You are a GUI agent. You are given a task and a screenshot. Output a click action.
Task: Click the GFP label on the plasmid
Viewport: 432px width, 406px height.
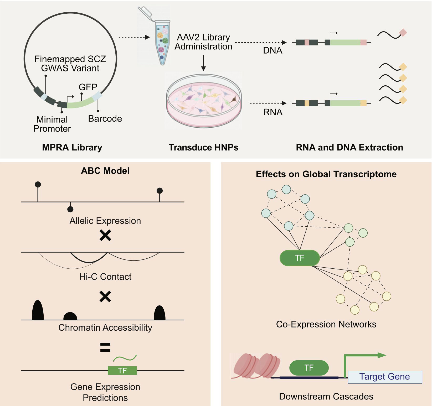(x=88, y=87)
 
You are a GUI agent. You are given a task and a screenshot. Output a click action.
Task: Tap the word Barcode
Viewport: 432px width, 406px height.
(x=105, y=119)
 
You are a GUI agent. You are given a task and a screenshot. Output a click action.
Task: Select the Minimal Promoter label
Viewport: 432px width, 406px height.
(x=52, y=124)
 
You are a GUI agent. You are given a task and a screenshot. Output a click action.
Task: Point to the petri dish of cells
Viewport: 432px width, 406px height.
(x=204, y=101)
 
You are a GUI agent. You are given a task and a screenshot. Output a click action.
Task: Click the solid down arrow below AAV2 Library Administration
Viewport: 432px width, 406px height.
(x=203, y=63)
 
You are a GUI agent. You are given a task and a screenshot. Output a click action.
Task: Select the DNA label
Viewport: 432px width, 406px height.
(x=272, y=50)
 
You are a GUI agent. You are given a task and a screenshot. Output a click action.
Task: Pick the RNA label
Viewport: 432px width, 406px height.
(x=273, y=112)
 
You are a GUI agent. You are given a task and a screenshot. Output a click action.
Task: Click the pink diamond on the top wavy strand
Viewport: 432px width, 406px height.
(x=403, y=33)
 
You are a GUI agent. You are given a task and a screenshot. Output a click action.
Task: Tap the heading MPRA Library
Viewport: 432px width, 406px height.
(x=72, y=147)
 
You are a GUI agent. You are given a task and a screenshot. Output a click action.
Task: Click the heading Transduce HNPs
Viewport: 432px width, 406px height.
(x=203, y=147)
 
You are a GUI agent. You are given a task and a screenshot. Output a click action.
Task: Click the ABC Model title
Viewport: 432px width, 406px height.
(x=105, y=171)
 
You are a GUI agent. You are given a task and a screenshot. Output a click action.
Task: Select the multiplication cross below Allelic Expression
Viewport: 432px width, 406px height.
(x=105, y=236)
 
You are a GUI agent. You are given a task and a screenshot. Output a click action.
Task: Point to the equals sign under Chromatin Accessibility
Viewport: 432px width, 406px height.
(x=105, y=347)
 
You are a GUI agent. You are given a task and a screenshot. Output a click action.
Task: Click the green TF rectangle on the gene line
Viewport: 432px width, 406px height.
(x=122, y=371)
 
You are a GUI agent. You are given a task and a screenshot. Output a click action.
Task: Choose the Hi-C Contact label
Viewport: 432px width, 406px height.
(x=105, y=277)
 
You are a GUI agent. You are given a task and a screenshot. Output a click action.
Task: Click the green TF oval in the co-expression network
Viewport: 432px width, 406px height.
(x=300, y=258)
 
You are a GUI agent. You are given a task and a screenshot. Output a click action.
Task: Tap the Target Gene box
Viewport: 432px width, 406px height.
(x=385, y=377)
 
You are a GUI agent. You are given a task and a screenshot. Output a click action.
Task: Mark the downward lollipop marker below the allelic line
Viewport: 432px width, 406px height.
(x=70, y=209)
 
